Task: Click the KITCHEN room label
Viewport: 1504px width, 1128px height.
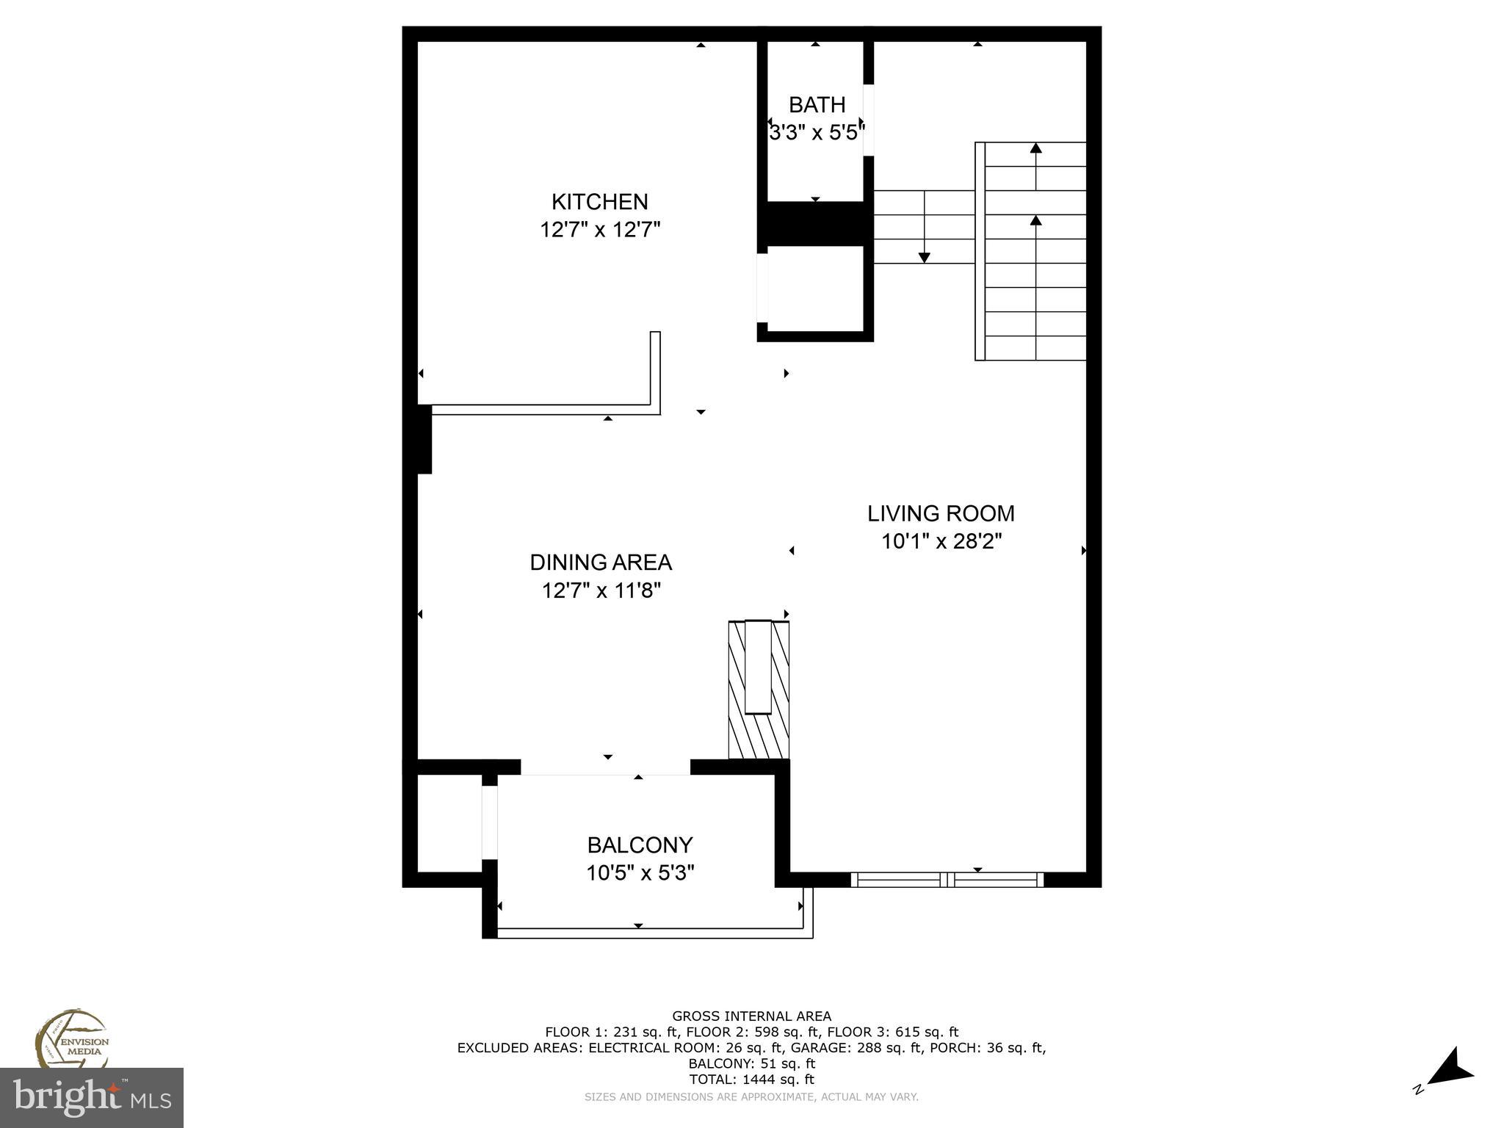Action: [599, 201]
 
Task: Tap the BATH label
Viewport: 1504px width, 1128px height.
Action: [817, 105]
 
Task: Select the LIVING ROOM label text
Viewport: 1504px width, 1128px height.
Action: [941, 513]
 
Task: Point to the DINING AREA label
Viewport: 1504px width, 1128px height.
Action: [600, 563]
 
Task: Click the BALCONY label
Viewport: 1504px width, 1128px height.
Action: [640, 845]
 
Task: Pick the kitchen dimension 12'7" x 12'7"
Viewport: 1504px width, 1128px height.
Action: [600, 230]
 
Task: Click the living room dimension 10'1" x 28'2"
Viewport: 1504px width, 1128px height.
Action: [941, 542]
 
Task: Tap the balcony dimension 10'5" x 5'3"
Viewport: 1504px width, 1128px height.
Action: [640, 873]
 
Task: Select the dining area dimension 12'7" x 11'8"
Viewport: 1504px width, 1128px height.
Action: [601, 590]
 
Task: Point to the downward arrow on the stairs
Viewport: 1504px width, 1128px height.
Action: [924, 256]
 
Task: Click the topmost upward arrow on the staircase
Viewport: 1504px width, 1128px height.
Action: [1035, 148]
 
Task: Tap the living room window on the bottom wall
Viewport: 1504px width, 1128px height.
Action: [947, 879]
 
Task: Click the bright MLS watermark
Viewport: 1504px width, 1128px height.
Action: [91, 1098]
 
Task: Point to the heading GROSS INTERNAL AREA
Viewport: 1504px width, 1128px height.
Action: [751, 1016]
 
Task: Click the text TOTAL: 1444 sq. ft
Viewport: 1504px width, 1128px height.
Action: [751, 1080]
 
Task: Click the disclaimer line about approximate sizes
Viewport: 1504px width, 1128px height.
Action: [751, 1097]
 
